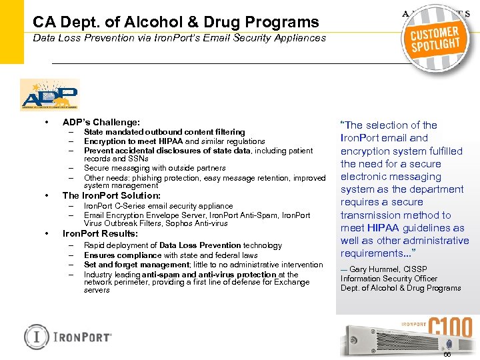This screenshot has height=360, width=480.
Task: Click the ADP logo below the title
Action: pos(49,94)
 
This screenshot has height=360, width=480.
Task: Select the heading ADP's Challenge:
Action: pos(101,122)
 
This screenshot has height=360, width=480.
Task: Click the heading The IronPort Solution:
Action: pos(111,195)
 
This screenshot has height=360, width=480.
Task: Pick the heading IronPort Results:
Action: pos(100,234)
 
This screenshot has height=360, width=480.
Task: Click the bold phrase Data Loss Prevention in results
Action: pos(200,245)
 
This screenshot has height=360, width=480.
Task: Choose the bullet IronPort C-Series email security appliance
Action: pos(159,206)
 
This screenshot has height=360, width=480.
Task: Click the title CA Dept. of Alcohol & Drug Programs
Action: pos(176,22)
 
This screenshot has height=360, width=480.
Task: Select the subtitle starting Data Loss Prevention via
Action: pos(179,38)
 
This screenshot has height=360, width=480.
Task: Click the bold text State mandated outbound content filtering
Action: pos(164,132)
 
